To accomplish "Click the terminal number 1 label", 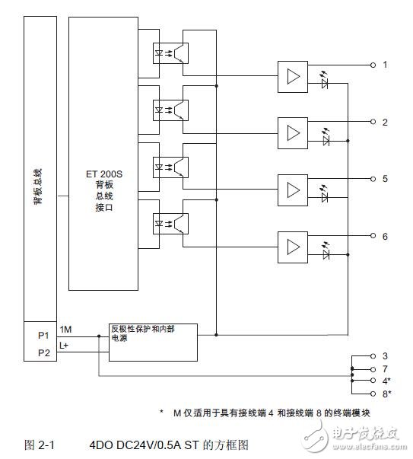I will click(385, 65).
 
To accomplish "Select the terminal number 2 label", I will click(385, 122).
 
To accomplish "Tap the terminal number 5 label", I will click(385, 179).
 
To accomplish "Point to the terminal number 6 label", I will click(385, 237).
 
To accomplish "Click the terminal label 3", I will click(385, 355).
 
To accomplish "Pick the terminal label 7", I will click(385, 368).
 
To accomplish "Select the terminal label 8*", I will click(386, 393).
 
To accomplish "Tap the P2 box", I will click(43, 352).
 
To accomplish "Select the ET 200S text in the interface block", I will click(105, 174).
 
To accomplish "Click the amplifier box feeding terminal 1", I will click(293, 78).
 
